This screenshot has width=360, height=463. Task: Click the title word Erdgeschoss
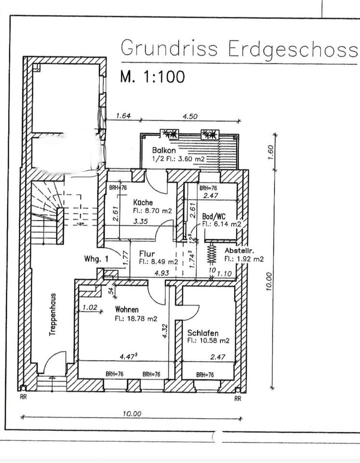(x=293, y=49)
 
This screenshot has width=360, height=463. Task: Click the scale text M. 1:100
(x=152, y=77)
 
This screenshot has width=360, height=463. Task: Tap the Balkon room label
(x=164, y=150)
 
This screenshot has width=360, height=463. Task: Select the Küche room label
(x=143, y=203)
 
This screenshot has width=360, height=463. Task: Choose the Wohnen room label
(x=127, y=310)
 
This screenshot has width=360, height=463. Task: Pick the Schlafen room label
(x=203, y=333)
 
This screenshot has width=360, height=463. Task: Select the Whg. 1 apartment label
(x=95, y=259)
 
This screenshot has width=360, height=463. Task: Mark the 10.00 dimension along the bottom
(x=132, y=413)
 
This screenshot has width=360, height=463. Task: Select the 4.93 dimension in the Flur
(x=161, y=272)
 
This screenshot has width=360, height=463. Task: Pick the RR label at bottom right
(x=237, y=399)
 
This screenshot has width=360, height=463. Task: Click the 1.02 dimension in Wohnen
(x=90, y=307)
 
